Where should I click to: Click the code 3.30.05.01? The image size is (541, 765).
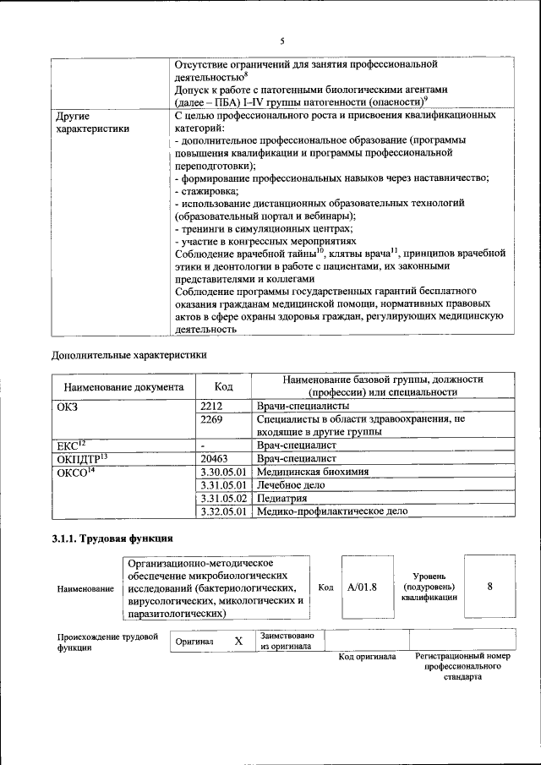click(x=223, y=472)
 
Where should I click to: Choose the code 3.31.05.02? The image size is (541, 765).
click(x=223, y=498)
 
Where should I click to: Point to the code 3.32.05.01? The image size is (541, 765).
click(x=223, y=511)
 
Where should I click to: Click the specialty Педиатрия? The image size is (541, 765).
click(x=283, y=498)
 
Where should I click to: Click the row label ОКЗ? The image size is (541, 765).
click(x=67, y=407)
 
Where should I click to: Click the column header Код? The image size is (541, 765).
click(x=223, y=386)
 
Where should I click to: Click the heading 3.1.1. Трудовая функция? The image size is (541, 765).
click(x=113, y=538)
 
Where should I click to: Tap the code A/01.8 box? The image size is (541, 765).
click(x=362, y=586)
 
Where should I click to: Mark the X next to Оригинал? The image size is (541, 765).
click(x=238, y=642)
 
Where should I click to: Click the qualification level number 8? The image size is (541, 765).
click(x=489, y=585)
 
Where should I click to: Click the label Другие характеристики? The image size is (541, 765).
click(x=92, y=122)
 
